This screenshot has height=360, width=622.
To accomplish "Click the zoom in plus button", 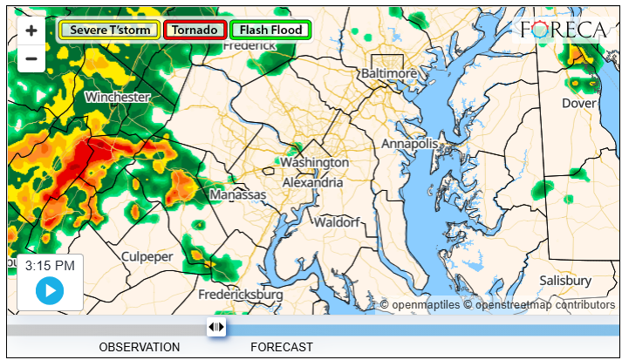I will [x=31, y=31].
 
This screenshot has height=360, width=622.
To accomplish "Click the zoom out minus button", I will [x=31, y=58].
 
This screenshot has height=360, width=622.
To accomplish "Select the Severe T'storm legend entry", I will [x=109, y=30].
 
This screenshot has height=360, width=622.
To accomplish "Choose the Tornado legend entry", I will [x=194, y=30].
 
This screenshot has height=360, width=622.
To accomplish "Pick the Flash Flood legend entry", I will [x=270, y=30].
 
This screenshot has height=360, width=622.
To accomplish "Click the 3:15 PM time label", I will [x=50, y=265].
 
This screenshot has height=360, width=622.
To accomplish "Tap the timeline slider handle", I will [x=216, y=327].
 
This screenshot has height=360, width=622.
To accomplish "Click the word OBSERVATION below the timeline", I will [x=140, y=347].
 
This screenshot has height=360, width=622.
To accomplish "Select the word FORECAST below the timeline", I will [x=282, y=347].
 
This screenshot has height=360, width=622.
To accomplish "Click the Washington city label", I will [x=314, y=163].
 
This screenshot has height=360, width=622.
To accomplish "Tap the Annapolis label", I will [x=409, y=143].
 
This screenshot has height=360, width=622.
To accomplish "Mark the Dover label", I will [x=579, y=103].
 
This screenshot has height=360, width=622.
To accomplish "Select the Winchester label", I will [x=117, y=97].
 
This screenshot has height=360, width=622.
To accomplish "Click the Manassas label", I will [x=237, y=195].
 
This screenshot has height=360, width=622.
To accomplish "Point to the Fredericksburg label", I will [x=241, y=295].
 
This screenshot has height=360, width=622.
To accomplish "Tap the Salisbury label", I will [x=564, y=281].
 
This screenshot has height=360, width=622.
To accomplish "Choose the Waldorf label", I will [x=337, y=222].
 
